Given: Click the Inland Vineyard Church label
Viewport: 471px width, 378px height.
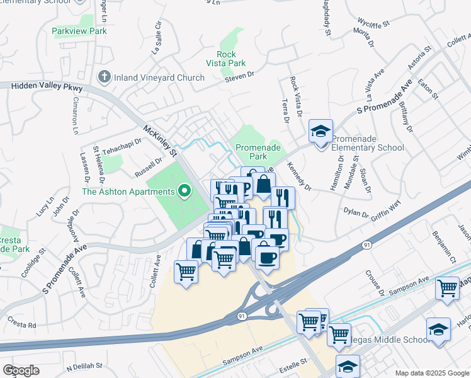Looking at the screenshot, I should coord(159,77).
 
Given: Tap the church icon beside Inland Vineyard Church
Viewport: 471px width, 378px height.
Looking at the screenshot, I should coord(105,77).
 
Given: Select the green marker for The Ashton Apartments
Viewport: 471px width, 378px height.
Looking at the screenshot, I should coord(184,190).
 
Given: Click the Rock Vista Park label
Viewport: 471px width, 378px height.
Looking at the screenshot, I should coord(226,59).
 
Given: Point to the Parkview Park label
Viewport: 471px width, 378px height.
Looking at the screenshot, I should coord(79,31).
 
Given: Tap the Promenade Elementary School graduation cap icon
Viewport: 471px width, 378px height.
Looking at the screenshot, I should coord(321,132).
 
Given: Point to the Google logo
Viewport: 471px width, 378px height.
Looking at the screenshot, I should coord(21,370).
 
